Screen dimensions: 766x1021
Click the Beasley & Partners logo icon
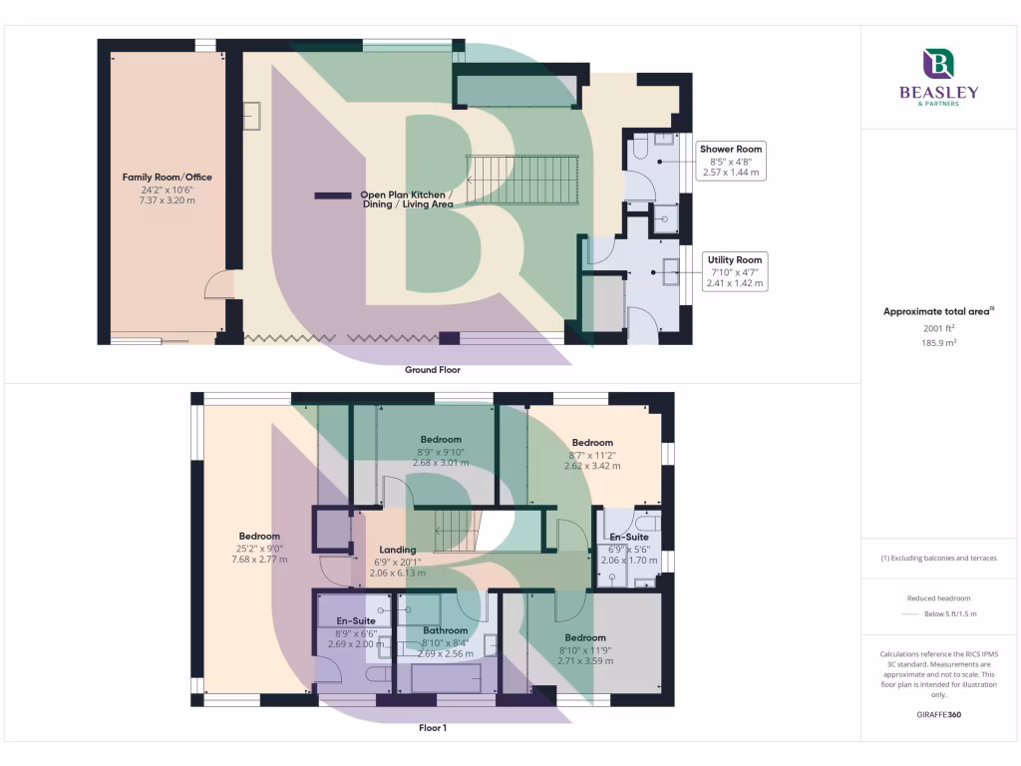point(938,65)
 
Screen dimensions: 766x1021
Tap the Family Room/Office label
point(168,178)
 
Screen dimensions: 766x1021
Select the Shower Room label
point(731,150)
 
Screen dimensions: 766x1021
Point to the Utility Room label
point(735,259)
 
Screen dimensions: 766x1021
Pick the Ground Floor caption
point(432,369)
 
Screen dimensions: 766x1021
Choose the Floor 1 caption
point(432,728)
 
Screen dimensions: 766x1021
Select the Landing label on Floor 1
point(398,550)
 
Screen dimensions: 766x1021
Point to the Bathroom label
point(445,630)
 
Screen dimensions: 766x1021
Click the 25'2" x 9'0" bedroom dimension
point(259,548)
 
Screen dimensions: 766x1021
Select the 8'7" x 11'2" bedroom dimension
point(592,454)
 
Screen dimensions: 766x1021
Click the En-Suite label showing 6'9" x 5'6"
point(629,538)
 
